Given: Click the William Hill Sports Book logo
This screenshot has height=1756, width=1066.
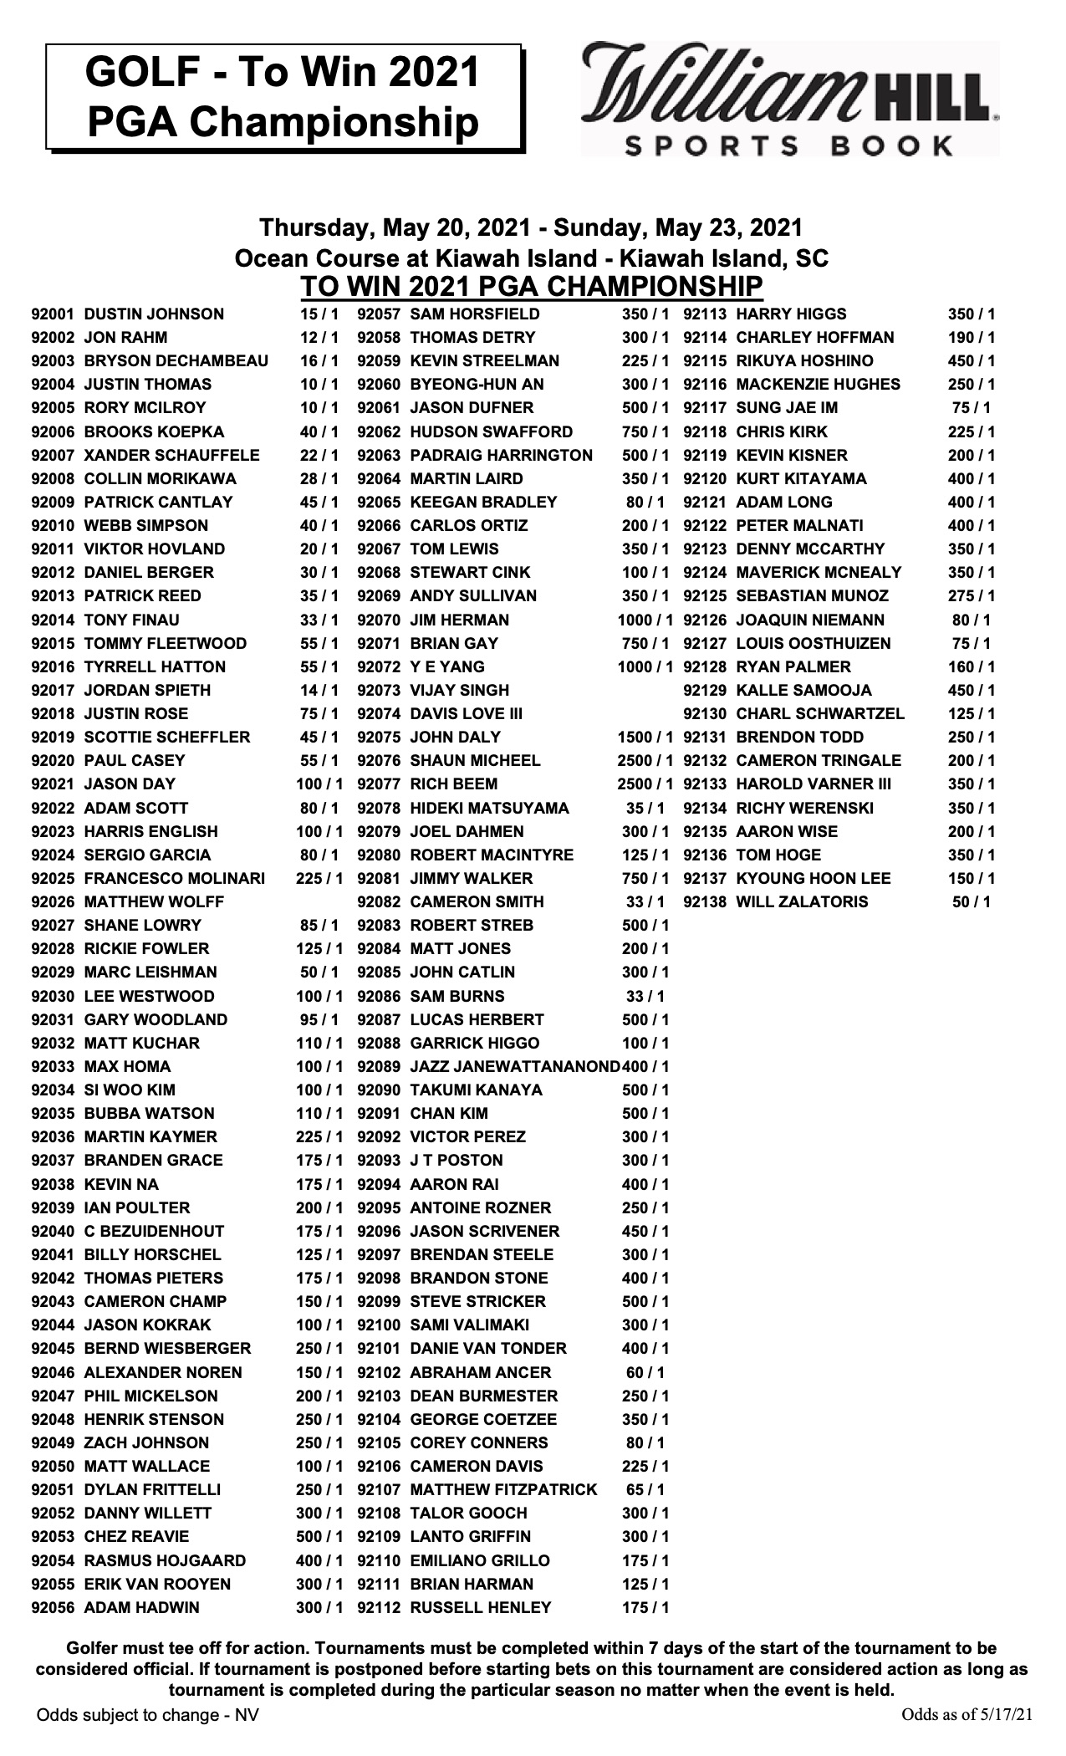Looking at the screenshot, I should [790, 100].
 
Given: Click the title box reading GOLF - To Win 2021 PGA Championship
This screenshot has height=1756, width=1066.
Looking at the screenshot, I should [283, 97].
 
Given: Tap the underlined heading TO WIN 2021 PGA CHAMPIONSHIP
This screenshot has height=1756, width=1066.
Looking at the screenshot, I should [532, 286].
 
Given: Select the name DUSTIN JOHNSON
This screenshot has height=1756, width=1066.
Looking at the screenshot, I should [154, 314].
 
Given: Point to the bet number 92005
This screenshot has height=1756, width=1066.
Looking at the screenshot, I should [54, 408].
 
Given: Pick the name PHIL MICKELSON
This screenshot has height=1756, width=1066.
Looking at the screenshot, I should [150, 1396].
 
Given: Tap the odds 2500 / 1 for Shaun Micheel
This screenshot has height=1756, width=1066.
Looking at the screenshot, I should [645, 761].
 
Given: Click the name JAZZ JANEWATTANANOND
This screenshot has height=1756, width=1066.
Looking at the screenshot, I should [515, 1067].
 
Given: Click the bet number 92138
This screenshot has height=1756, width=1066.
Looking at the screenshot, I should [706, 902].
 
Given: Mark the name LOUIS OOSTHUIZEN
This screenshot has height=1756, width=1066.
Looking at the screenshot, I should [814, 644].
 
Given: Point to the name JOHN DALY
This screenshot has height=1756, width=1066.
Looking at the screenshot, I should [455, 738].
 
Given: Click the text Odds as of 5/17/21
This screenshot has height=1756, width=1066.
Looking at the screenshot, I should [967, 1735].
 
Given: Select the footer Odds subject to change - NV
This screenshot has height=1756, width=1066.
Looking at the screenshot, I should [147, 1736].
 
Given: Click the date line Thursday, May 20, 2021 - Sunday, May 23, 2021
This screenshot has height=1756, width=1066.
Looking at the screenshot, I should [531, 227].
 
